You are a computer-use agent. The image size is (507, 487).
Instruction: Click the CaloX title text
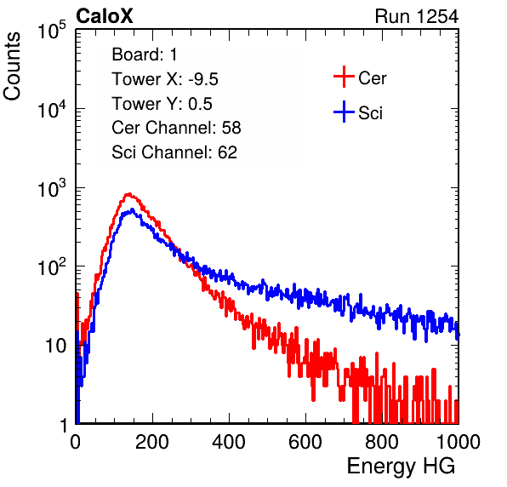click(105, 16)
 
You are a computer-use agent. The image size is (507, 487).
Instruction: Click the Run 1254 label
click(417, 16)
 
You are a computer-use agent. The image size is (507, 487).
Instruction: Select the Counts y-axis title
click(12, 66)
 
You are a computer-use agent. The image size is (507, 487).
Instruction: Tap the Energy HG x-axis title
click(401, 467)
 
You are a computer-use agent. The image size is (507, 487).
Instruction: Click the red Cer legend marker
click(344, 77)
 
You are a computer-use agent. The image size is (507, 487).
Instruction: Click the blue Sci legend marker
click(344, 112)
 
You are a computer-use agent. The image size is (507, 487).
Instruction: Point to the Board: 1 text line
click(145, 54)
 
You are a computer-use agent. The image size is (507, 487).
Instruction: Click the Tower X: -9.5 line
click(165, 79)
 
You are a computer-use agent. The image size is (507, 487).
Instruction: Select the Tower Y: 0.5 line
click(162, 104)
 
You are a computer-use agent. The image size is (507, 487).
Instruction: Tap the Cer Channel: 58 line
click(176, 128)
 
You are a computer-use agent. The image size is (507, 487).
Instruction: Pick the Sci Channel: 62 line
click(174, 152)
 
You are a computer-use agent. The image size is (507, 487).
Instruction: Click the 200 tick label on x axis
click(152, 442)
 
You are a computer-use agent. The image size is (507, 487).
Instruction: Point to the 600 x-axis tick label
click(305, 442)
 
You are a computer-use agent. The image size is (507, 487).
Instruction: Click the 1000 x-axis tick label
click(459, 442)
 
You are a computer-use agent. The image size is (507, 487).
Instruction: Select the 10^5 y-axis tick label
click(52, 31)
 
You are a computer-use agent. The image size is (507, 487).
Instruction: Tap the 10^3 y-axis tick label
click(52, 189)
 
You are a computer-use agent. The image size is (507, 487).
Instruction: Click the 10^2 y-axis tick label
click(52, 268)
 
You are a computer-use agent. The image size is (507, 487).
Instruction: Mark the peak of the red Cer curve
click(128, 194)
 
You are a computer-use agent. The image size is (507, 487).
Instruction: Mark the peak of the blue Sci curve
click(132, 210)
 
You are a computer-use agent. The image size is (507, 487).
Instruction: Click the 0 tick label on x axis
click(76, 442)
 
